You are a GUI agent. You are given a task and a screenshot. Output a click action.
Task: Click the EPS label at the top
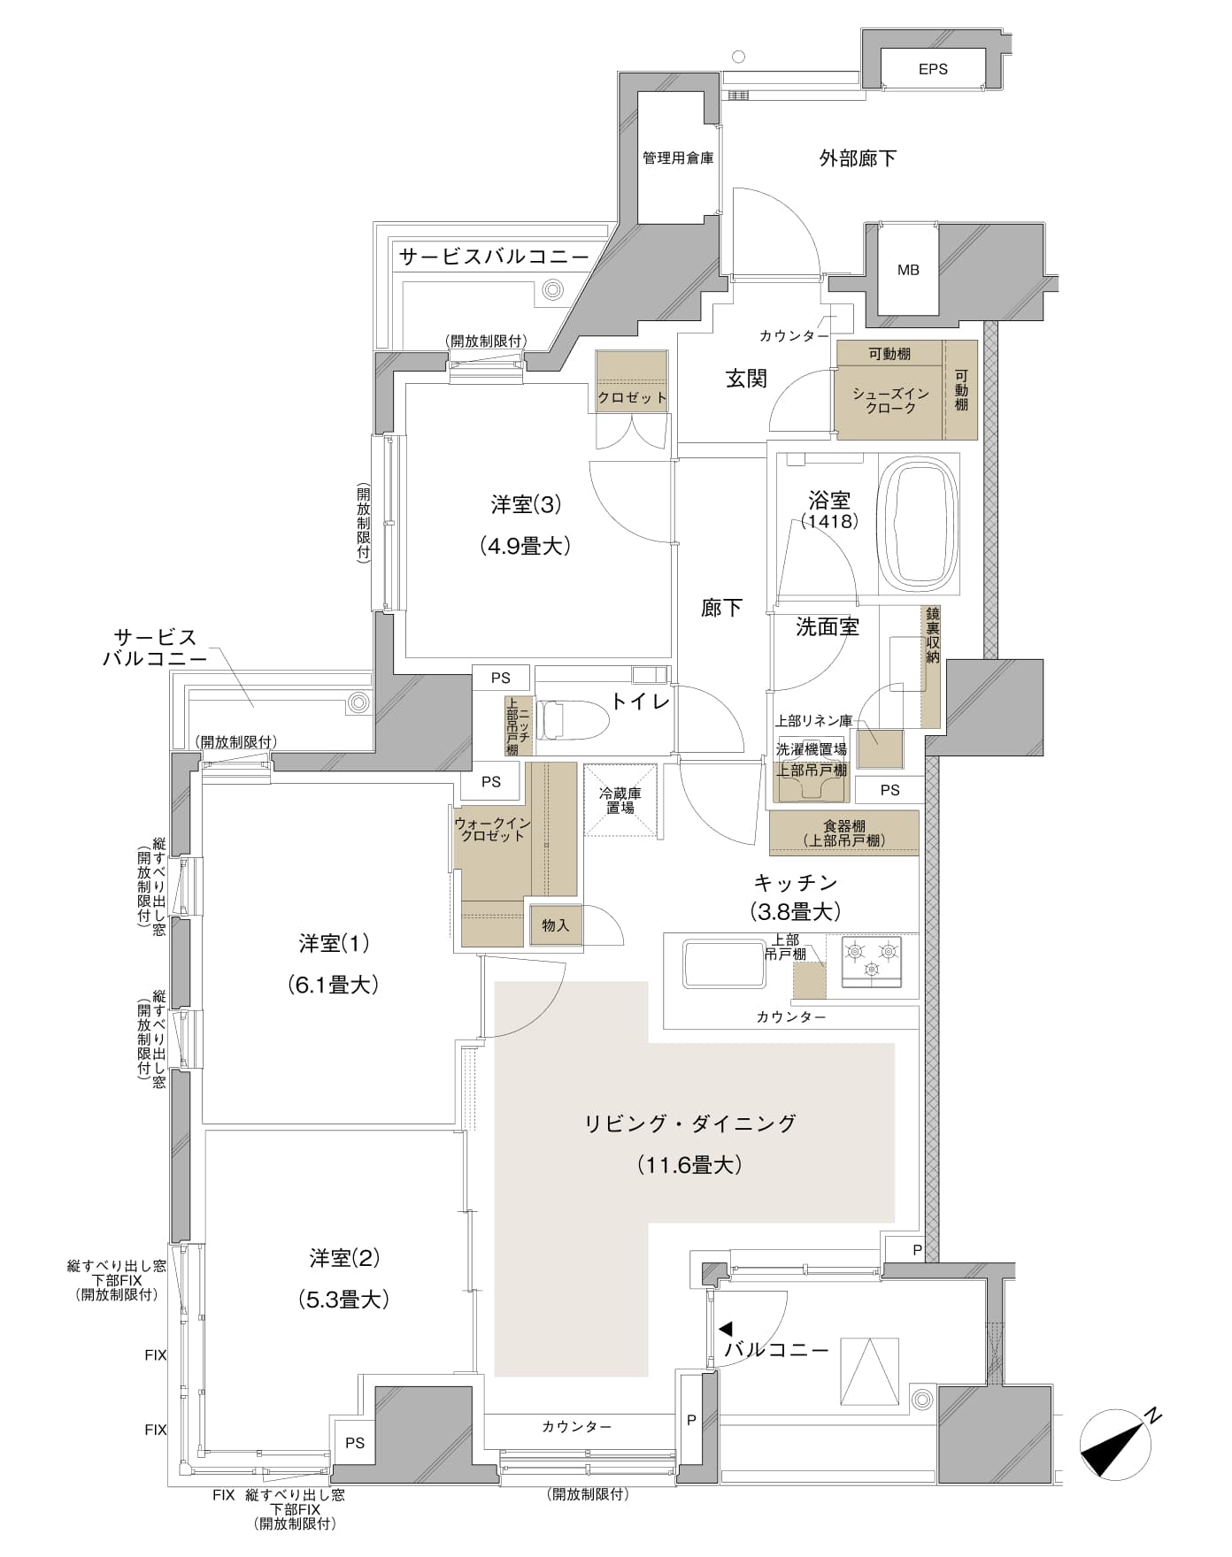pyautogui.click(x=933, y=69)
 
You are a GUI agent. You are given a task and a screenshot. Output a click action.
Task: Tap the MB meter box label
pyautogui.click(x=908, y=270)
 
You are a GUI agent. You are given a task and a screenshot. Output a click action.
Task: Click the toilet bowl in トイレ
pyautogui.click(x=574, y=720)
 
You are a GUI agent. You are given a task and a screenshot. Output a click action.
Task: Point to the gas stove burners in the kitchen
pyautogui.click(x=872, y=960)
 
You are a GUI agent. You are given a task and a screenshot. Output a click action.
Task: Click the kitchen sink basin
pyautogui.click(x=723, y=964)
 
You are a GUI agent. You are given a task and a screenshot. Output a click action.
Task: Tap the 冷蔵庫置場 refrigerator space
pyautogui.click(x=620, y=800)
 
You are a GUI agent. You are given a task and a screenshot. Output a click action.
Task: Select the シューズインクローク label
pyautogui.click(x=890, y=401)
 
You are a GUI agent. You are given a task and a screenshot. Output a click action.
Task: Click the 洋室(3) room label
pyautogui.click(x=527, y=505)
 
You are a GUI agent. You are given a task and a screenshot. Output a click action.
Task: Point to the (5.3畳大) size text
pyautogui.click(x=343, y=1300)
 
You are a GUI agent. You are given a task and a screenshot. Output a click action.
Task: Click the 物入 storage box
pyautogui.click(x=556, y=925)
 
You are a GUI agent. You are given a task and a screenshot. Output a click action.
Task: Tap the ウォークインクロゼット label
pyautogui.click(x=492, y=829)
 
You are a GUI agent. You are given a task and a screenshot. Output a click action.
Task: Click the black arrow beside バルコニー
pyautogui.click(x=726, y=1329)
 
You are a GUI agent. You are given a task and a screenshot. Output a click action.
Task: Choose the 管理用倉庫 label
pyautogui.click(x=678, y=158)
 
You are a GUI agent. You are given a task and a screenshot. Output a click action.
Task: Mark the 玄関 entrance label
pyautogui.click(x=746, y=379)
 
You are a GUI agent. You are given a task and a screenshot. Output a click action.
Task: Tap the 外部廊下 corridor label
pyautogui.click(x=858, y=158)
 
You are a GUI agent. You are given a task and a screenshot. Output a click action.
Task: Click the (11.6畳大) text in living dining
pyautogui.click(x=689, y=1165)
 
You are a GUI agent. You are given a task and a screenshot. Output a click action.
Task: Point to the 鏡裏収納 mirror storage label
pyautogui.click(x=932, y=635)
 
